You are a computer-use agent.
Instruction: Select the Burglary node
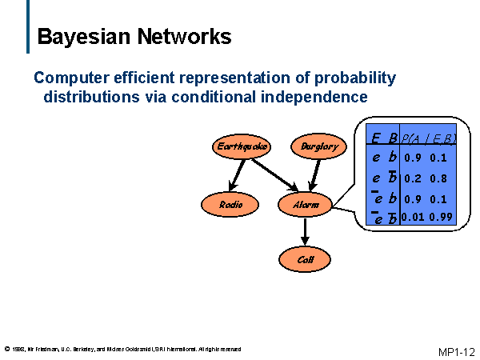(320, 146)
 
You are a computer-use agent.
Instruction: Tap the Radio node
(230, 205)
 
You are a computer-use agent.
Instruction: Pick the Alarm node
(305, 205)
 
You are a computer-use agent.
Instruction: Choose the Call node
(305, 259)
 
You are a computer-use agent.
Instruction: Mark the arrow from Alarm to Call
(305, 231)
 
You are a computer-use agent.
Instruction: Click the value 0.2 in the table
(412, 178)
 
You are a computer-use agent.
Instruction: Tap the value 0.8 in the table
(438, 178)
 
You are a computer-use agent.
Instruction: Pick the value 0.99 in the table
(441, 217)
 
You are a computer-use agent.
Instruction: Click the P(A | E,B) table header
(428, 138)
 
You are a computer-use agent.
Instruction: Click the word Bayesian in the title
(85, 37)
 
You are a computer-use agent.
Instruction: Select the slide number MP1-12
(457, 351)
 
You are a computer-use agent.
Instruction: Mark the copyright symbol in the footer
(7, 349)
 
